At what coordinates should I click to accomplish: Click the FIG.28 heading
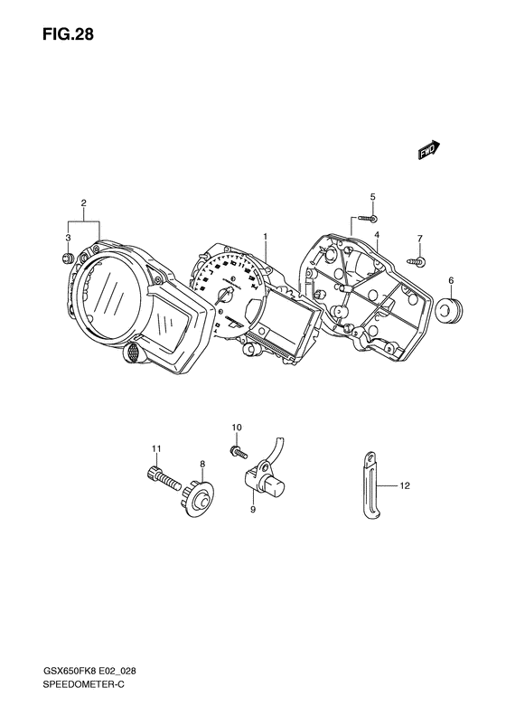point(68,33)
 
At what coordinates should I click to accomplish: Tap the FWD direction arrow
point(429,150)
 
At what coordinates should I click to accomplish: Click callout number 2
point(84,202)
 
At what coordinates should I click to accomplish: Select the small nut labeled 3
point(68,258)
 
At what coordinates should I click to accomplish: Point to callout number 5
point(372,197)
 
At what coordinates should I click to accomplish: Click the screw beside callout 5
point(367,219)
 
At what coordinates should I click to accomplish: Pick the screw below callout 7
point(417,260)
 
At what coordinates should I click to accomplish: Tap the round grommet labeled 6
point(448,308)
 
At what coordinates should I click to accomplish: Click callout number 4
point(378,235)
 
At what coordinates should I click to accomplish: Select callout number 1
point(265,237)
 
